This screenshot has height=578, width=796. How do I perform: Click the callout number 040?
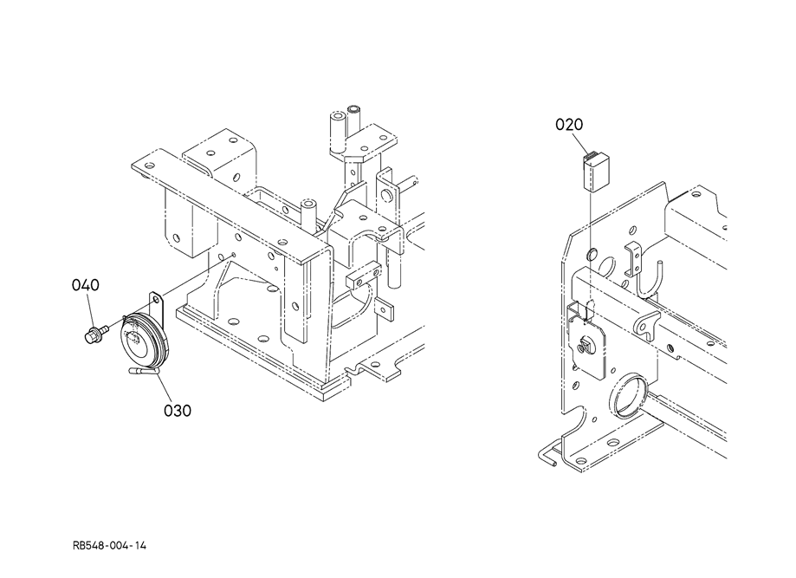(x=85, y=285)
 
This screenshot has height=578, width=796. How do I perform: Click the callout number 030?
(x=178, y=409)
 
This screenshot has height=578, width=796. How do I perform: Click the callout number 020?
(x=570, y=125)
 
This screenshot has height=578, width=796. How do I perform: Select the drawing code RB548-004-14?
(x=110, y=545)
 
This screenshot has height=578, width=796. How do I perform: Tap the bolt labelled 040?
(x=94, y=333)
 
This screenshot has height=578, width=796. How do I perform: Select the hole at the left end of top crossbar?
(x=149, y=166)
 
